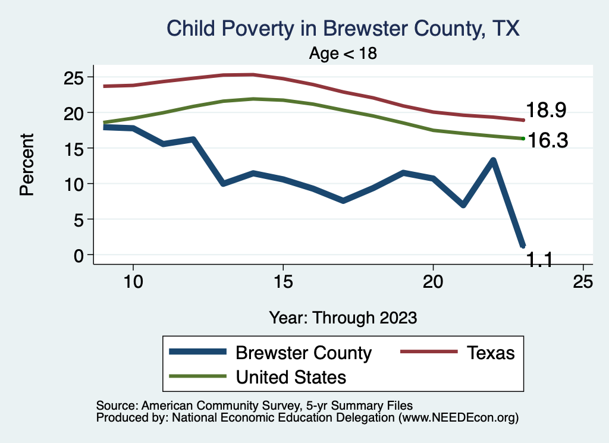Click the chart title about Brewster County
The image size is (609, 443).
tap(343, 29)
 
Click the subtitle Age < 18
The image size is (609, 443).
tap(343, 53)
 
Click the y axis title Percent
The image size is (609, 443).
tap(27, 165)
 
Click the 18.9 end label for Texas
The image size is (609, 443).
tap(545, 110)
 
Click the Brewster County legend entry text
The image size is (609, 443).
tap(303, 353)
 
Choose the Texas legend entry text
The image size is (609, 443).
tap(491, 353)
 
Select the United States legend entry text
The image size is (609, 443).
tap(291, 377)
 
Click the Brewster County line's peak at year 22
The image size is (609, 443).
tap(493, 160)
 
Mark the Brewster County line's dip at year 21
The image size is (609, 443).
tap(463, 205)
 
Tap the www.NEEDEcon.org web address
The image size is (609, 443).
tap(458, 418)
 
